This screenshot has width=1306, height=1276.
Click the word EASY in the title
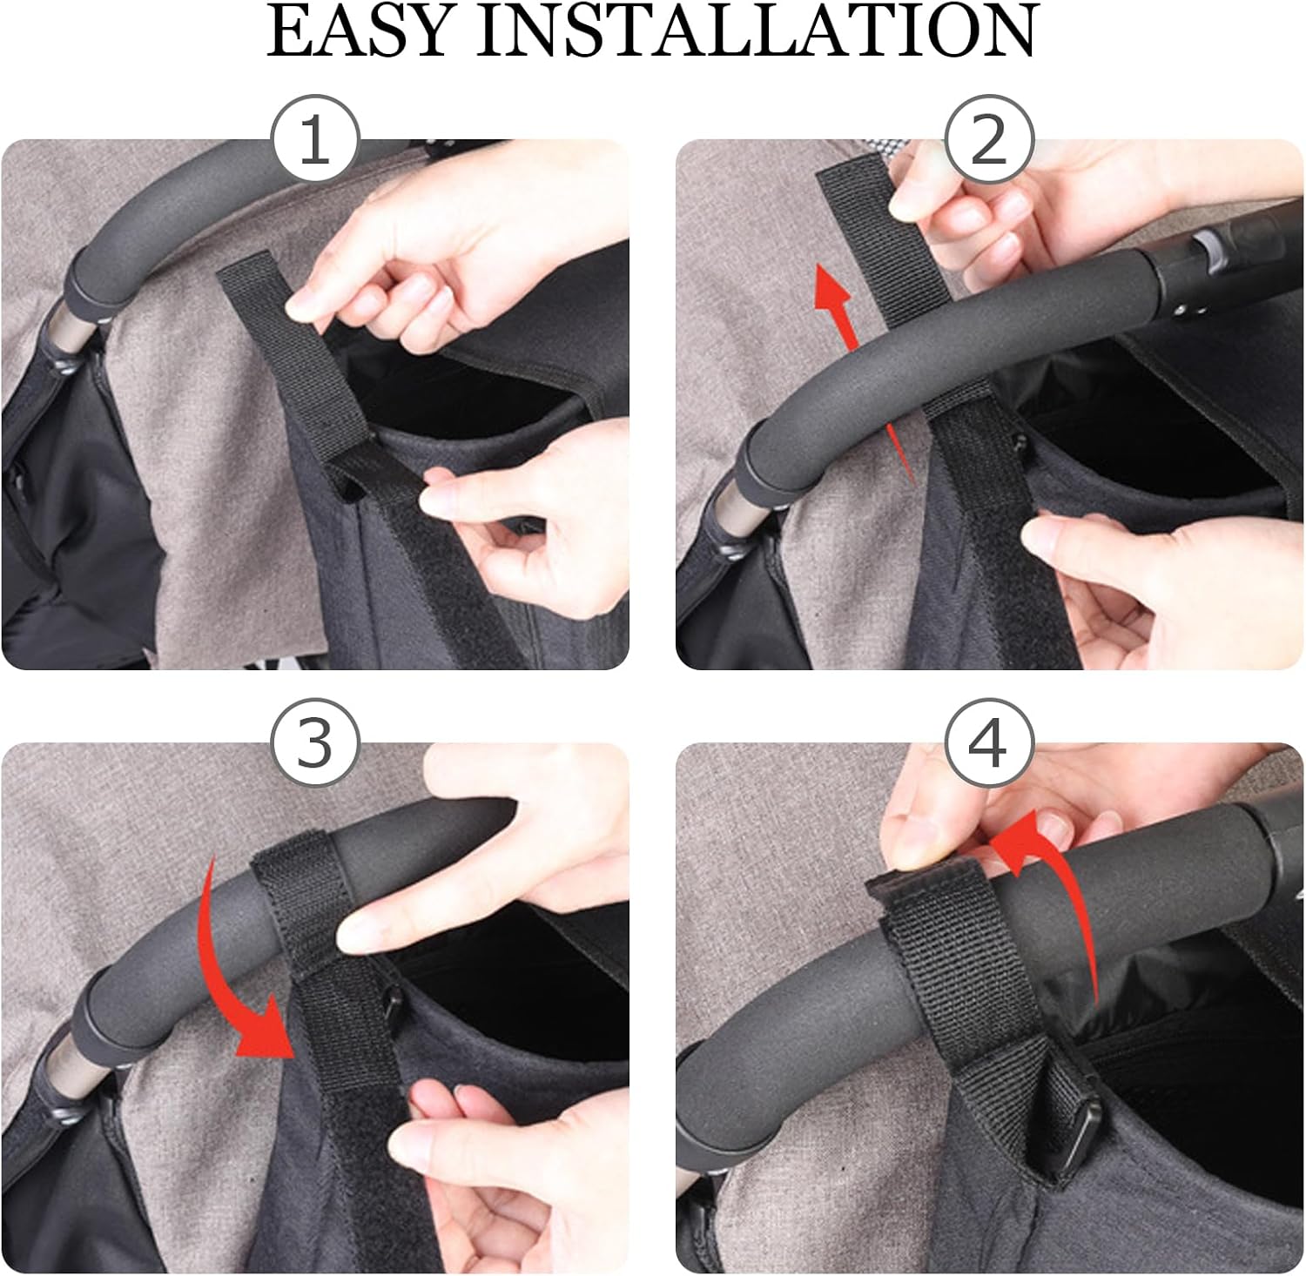360,31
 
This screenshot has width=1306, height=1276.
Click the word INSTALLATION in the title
757,31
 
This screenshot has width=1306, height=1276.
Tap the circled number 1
314,138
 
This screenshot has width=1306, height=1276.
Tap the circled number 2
989,138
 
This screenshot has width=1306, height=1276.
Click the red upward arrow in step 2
858,366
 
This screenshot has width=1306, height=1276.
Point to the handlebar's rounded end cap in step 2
757,462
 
